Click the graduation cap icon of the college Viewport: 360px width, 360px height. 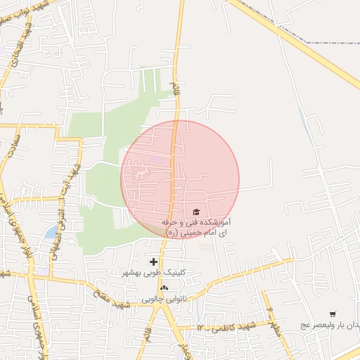coord(195,212)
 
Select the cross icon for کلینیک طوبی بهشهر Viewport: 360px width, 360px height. coord(153,262)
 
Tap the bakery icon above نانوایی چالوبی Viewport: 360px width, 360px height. coord(164,288)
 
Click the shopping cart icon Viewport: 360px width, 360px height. coord(333,314)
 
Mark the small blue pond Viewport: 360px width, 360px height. coord(51,231)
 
